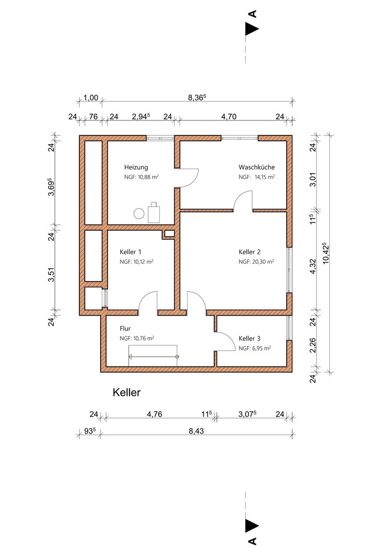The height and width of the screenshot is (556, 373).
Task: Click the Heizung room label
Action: point(137,167)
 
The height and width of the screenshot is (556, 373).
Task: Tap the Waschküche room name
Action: point(256,167)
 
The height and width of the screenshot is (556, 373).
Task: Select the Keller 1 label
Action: point(131,252)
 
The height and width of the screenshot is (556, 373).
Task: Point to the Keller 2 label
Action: point(249,252)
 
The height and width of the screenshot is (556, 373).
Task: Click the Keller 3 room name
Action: point(249,339)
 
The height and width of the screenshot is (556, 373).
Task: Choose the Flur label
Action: point(126,329)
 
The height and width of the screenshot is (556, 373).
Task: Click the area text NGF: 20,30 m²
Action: point(256,262)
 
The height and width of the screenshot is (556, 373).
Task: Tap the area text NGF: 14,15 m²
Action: point(256,176)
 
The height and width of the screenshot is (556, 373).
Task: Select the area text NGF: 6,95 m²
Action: point(255,348)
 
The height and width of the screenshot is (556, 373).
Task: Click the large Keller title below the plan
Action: point(126,392)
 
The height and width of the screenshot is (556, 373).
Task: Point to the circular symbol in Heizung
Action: point(139,213)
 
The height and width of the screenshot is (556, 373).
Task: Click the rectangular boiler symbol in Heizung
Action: point(155,213)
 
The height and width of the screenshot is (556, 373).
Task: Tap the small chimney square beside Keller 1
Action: point(168,233)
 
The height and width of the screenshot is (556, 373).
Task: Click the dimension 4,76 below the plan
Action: point(156,414)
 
